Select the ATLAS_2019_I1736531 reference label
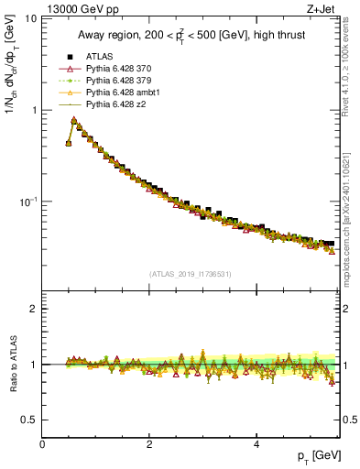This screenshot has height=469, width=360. pos(191,274)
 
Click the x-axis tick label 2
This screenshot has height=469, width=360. pos(149,444)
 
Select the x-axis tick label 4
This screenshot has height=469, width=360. pos(256,444)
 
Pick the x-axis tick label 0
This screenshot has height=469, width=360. pos(43,444)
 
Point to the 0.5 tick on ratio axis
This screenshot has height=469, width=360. pos(31,420)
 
